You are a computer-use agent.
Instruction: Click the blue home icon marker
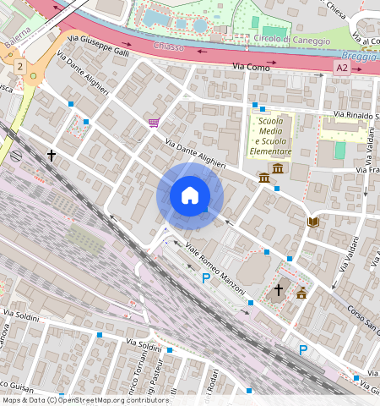pos(190,195)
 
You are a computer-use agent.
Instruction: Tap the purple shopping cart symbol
pos(153,123)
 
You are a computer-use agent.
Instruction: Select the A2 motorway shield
pos(341,67)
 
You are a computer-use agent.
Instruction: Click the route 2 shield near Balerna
pos(19,65)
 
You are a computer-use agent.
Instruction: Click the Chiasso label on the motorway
pos(169,47)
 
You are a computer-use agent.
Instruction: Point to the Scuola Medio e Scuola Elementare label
pos(271,135)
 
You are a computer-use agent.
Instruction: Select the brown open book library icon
pos(313,222)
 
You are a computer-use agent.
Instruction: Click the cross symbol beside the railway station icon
pos(52,156)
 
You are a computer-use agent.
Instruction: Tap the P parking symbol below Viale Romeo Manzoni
pos(205,277)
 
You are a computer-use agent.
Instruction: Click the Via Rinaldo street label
pos(356,115)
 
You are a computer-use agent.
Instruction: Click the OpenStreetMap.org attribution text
pos(121,400)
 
